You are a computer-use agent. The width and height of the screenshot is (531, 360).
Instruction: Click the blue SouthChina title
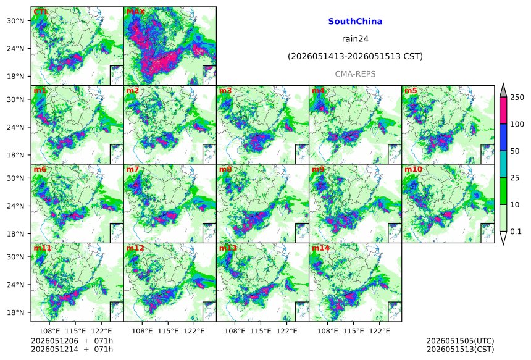point(355,22)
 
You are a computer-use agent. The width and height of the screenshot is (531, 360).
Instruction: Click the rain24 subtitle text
point(355,39)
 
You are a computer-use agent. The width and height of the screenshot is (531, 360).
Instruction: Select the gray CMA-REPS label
point(355,74)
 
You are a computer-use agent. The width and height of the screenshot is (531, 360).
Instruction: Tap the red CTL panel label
point(41,12)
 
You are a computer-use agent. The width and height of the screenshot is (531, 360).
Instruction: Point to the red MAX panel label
point(135,12)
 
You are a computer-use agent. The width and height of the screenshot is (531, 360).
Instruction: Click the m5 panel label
point(411,91)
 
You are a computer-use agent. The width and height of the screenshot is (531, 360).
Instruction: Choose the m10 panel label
point(413,169)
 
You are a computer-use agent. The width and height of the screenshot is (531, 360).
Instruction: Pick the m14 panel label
point(320,248)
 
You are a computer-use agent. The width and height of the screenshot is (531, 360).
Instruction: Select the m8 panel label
point(225,169)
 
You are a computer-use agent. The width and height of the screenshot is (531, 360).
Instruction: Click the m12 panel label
point(135,248)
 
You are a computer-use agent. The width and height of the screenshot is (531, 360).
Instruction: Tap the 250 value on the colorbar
point(517,98)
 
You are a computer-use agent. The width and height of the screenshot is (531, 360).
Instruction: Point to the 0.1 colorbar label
point(516,232)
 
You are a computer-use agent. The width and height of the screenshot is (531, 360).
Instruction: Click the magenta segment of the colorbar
point(504,111)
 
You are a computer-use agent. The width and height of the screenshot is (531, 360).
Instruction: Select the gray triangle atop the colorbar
point(504,91)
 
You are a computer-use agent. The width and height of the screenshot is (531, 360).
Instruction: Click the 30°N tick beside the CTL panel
point(15,20)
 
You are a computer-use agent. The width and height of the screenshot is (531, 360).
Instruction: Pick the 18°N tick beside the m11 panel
point(15,312)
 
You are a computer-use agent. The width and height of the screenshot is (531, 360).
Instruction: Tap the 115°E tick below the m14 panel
point(354,330)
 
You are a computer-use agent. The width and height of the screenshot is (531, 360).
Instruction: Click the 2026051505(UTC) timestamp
point(460,341)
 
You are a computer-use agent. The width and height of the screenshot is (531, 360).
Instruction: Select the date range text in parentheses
point(355,56)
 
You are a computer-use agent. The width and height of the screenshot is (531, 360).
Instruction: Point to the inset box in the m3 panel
point(302,154)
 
